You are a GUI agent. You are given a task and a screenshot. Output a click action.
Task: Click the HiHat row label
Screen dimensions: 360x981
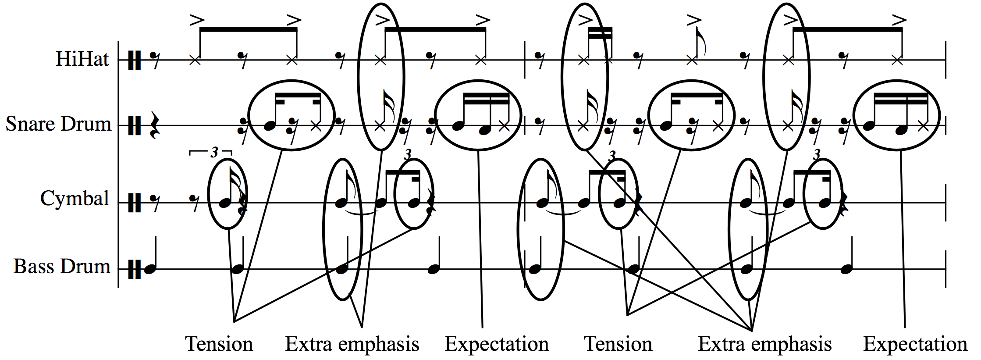tap(82, 59)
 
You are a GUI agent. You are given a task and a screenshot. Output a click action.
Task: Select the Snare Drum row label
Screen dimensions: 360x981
tap(58, 124)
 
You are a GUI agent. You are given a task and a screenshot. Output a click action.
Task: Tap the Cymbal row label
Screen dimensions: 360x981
tap(75, 198)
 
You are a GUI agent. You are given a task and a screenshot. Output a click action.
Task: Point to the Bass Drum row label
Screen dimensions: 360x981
tap(62, 266)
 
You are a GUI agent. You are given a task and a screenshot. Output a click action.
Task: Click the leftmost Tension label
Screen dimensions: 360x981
tap(219, 344)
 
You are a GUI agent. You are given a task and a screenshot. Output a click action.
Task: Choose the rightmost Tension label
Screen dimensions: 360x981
tap(618, 344)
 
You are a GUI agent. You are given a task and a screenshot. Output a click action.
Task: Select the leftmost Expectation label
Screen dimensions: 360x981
tap(497, 344)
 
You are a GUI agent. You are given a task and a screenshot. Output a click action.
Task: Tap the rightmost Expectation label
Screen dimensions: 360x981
tap(915, 344)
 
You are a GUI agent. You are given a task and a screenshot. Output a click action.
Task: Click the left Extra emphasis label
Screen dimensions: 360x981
tap(352, 344)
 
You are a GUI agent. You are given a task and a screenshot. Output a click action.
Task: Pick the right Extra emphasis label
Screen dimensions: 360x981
tap(764, 344)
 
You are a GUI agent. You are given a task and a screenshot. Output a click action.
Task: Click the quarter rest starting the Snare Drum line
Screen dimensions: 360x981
tap(153, 125)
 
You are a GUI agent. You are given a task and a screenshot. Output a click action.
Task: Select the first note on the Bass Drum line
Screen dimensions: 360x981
tap(150, 269)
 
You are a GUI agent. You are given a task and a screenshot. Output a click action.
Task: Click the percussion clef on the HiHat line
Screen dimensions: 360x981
tap(135, 60)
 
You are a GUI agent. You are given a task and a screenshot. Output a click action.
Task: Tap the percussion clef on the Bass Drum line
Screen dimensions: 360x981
tap(135, 269)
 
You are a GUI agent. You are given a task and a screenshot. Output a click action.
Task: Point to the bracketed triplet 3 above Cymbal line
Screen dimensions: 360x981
tap(213, 152)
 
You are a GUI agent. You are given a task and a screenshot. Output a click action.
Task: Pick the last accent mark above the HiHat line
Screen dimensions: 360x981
tap(899, 20)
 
